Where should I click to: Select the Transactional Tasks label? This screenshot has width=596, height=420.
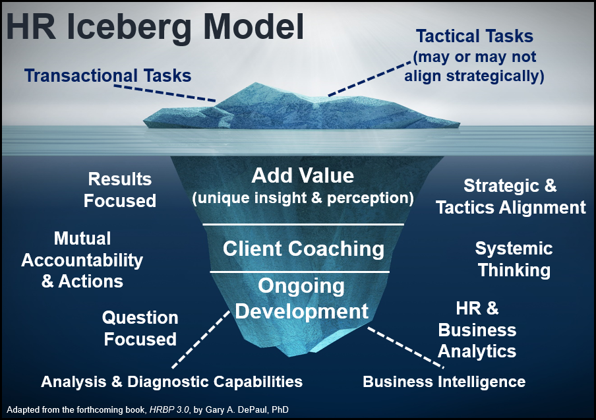pos(108,75)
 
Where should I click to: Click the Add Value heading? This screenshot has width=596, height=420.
pos(303,176)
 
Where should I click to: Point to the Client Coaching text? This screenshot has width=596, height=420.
pos(303,249)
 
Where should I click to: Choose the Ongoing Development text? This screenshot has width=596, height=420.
pos(301,298)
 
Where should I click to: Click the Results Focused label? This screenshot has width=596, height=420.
pos(120,189)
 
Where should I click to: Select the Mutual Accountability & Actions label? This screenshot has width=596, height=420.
pos(82,259)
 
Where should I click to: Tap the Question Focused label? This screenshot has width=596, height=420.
pos(140,328)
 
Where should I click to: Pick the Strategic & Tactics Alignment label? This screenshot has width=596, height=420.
pos(510,196)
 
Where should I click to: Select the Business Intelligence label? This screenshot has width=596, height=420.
pos(444,381)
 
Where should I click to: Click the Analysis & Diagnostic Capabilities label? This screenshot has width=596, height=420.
pos(171,381)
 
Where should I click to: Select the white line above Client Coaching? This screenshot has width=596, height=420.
pos(303,225)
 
